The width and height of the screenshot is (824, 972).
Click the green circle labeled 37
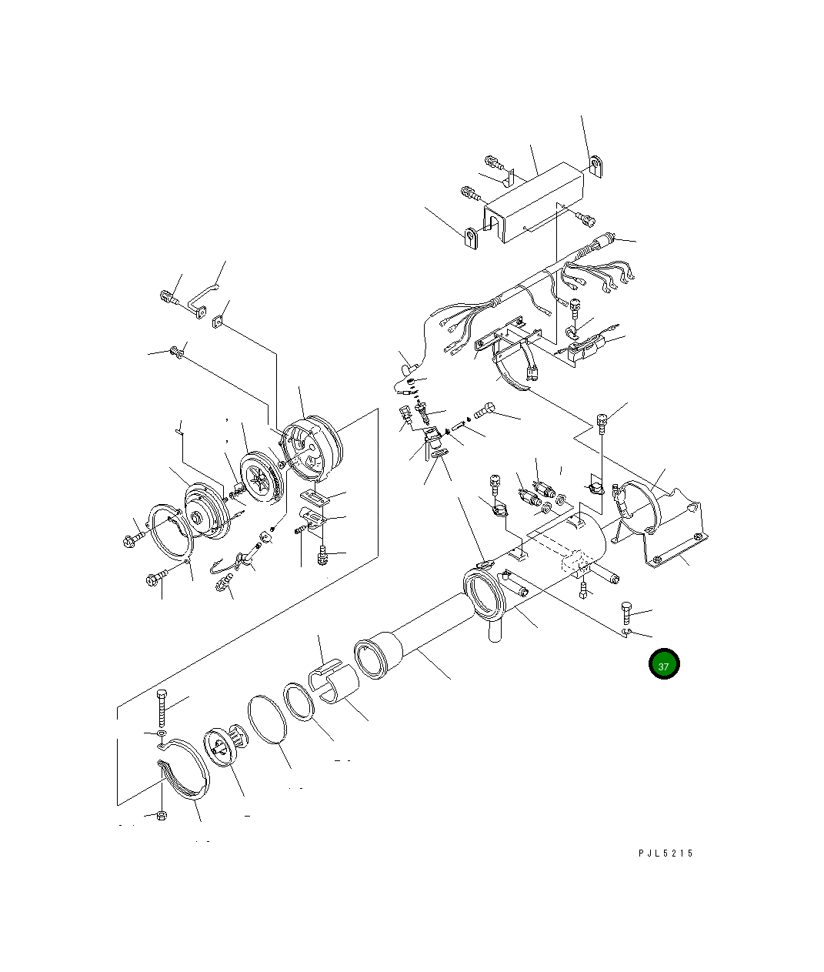[663, 665]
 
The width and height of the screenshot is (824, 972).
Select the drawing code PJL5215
[665, 853]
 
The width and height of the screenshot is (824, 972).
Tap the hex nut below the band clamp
[161, 815]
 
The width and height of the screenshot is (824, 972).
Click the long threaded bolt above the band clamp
[162, 708]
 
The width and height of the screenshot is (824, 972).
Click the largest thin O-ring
[268, 720]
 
